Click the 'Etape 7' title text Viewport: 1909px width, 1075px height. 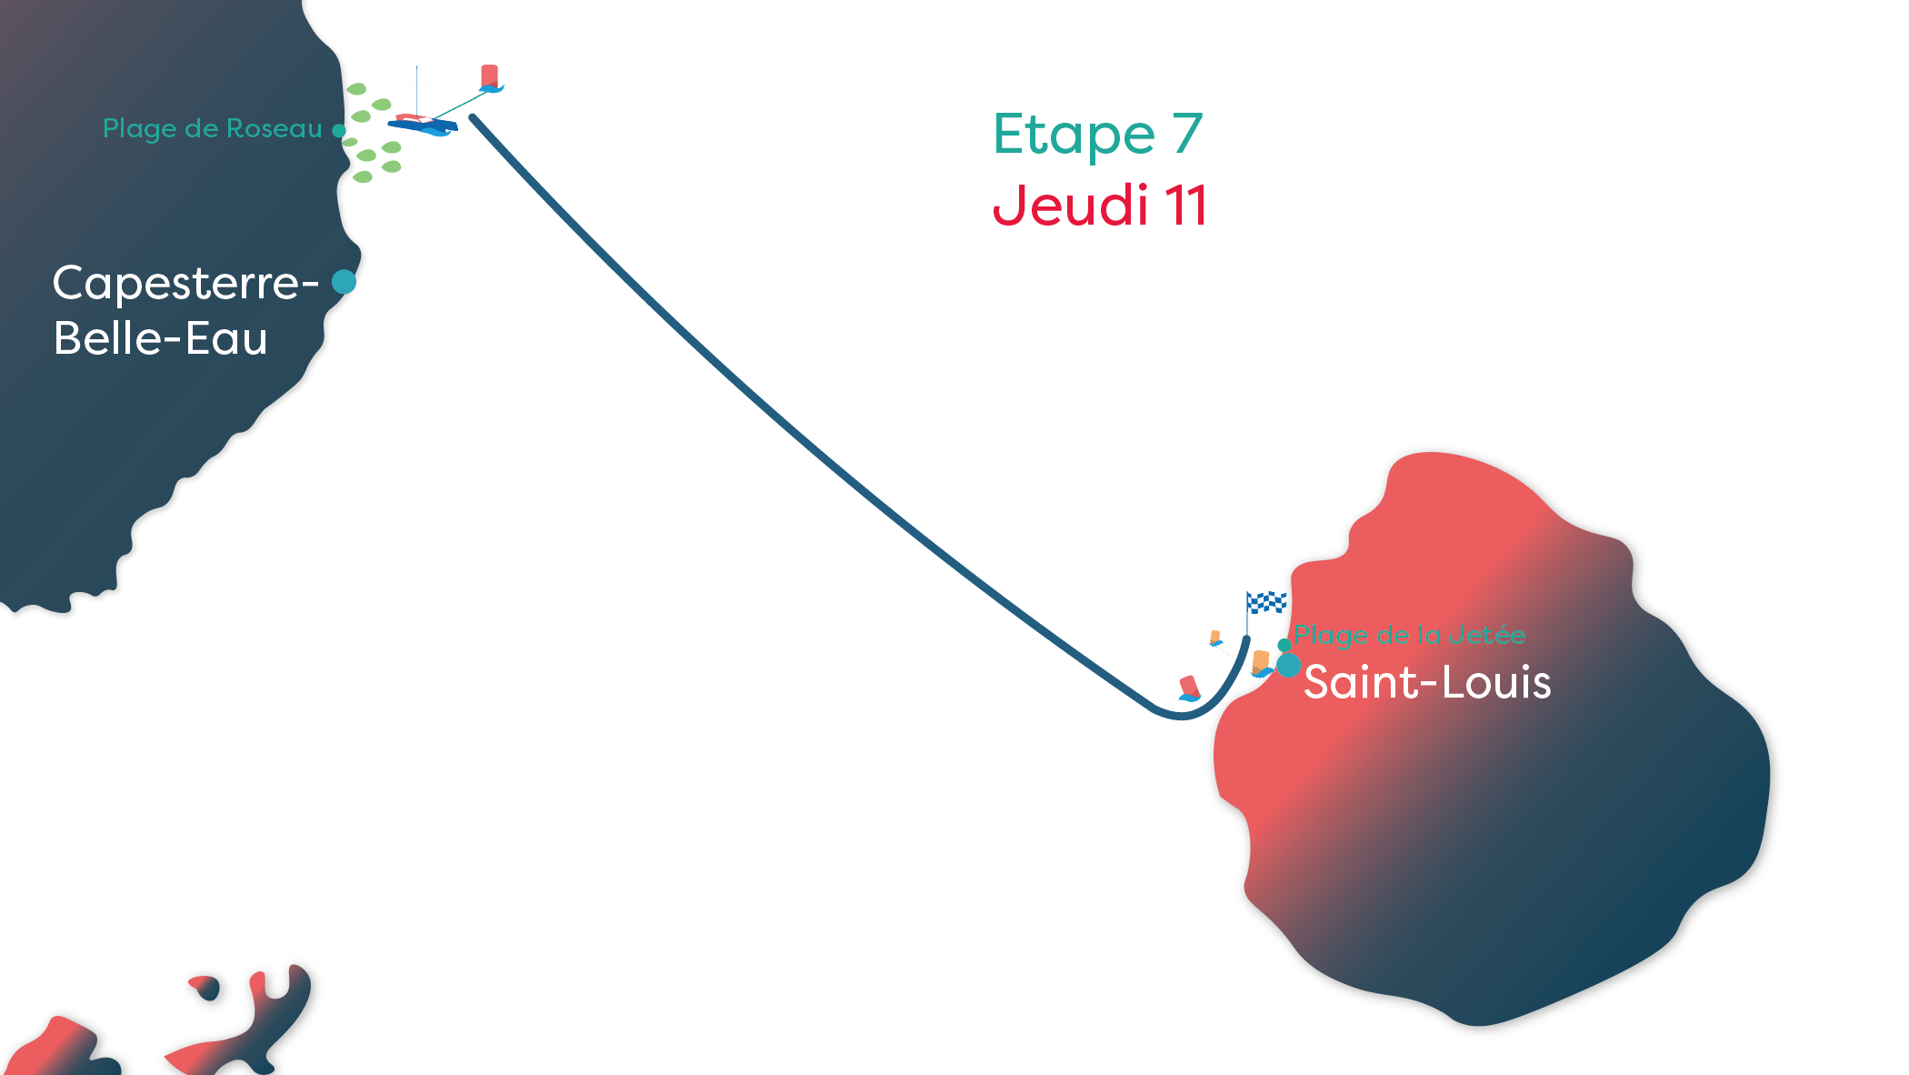(x=1097, y=135)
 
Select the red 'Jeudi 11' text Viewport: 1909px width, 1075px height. (x=1099, y=205)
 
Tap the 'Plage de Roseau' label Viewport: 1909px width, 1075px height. (x=212, y=128)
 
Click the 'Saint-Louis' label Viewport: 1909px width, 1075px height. (x=1426, y=682)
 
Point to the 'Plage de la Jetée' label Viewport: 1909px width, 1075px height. (x=1409, y=635)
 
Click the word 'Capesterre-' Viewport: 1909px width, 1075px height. (x=185, y=283)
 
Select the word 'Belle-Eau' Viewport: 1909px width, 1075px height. (x=160, y=338)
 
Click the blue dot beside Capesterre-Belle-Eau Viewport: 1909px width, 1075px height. (x=344, y=282)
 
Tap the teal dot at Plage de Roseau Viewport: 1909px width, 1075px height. (x=338, y=130)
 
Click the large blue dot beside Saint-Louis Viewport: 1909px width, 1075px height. (x=1288, y=665)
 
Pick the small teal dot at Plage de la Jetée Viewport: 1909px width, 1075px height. (x=1284, y=645)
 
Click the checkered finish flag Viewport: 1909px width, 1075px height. (x=1266, y=602)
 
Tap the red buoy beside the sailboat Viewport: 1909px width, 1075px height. (x=490, y=78)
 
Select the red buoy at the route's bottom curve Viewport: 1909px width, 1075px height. (x=1189, y=688)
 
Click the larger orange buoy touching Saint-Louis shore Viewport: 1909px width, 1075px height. (x=1261, y=662)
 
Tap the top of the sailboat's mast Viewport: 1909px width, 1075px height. (x=417, y=67)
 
